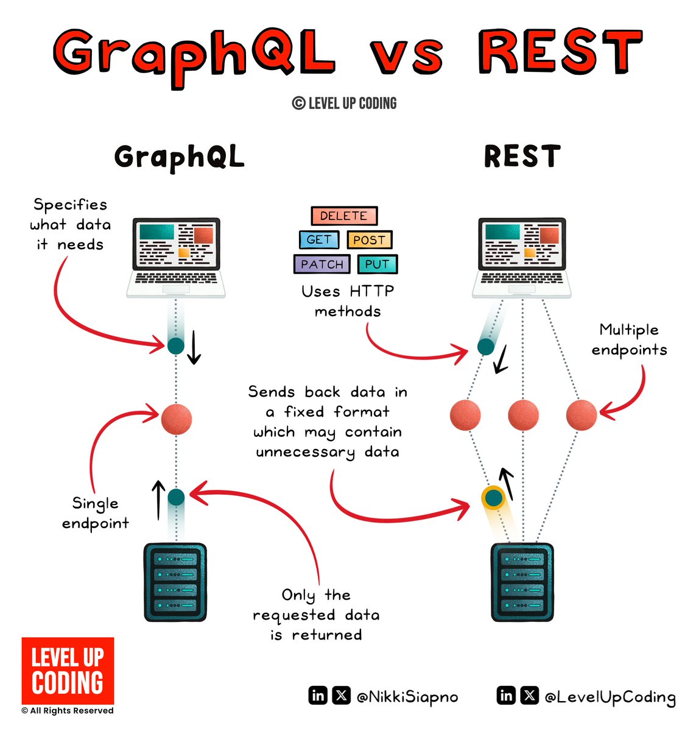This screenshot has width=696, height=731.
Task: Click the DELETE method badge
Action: tap(344, 216)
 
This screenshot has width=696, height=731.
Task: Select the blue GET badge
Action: tap(318, 240)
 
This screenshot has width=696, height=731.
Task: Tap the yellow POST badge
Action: tap(369, 240)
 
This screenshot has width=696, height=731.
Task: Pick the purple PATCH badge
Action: tap(322, 264)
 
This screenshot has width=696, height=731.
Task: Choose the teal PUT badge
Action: tap(377, 264)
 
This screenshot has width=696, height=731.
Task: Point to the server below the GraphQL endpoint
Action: tap(175, 582)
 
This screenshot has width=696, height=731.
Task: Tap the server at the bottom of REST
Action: tap(522, 582)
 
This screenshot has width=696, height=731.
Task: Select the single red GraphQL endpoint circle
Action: tap(177, 419)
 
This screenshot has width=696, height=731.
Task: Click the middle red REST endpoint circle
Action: tap(523, 415)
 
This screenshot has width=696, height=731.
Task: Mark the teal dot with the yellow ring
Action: tap(493, 498)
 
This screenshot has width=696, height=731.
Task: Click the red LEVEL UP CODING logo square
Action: tap(68, 671)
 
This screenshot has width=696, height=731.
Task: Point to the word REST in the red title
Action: tap(560, 51)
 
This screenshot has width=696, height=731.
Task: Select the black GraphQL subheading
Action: tap(179, 157)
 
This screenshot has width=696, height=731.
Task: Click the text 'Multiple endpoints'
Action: tap(629, 340)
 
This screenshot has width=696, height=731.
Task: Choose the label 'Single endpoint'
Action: tap(96, 513)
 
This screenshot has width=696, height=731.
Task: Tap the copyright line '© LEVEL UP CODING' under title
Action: tap(345, 104)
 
